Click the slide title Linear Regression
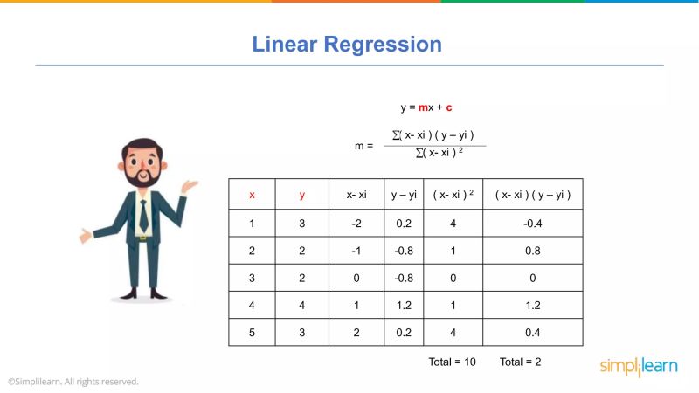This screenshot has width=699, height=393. pyautogui.click(x=347, y=44)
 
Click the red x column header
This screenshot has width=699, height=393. pyautogui.click(x=252, y=195)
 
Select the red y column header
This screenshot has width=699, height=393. pyautogui.click(x=301, y=195)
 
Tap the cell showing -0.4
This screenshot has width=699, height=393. pyautogui.click(x=533, y=223)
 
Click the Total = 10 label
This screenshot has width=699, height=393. pyautogui.click(x=452, y=362)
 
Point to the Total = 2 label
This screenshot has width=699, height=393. pyautogui.click(x=520, y=362)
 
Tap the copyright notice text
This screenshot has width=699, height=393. pyautogui.click(x=73, y=382)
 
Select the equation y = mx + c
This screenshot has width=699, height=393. pyautogui.click(x=426, y=107)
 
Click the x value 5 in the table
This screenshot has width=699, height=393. pyautogui.click(x=252, y=332)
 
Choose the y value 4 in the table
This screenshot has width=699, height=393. pyautogui.click(x=301, y=305)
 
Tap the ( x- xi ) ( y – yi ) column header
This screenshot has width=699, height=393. pyautogui.click(x=533, y=195)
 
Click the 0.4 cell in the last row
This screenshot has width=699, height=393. pyautogui.click(x=533, y=332)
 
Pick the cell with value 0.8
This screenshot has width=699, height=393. pyautogui.click(x=533, y=251)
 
